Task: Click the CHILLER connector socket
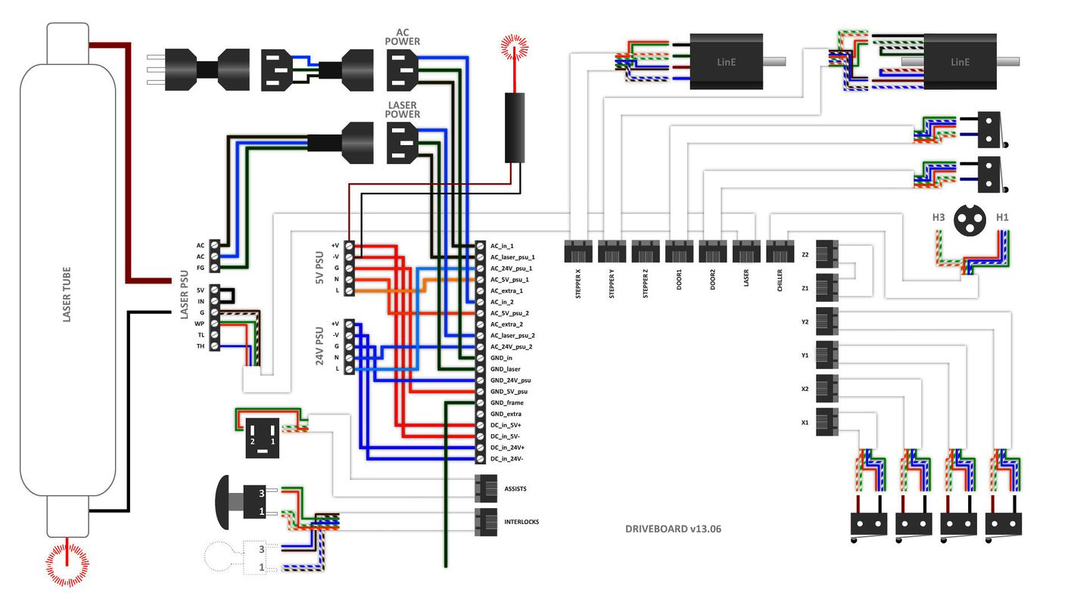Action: tap(780, 251)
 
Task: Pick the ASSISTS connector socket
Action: tap(485, 489)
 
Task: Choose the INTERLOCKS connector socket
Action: tap(485, 522)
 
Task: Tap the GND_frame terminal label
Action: tap(506, 403)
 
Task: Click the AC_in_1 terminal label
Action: tap(502, 246)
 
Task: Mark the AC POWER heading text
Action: tap(403, 37)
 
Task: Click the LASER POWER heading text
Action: tap(403, 110)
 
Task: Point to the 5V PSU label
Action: tap(319, 268)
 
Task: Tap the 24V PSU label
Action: tap(319, 346)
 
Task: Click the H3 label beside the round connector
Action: tap(938, 217)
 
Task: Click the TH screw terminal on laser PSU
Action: tap(215, 346)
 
